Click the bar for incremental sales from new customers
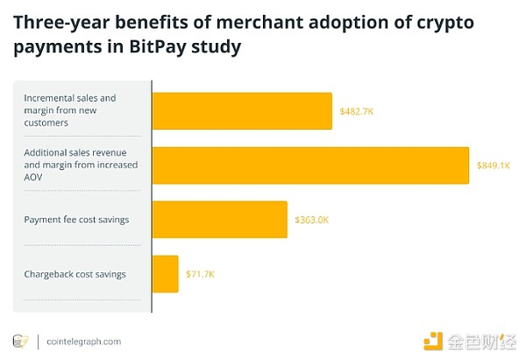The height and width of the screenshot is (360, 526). pos(242,111)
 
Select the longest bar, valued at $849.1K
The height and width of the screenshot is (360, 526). pos(311,166)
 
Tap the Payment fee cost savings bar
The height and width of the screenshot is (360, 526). pos(220,219)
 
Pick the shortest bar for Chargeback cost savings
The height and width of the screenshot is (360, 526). pos(166,274)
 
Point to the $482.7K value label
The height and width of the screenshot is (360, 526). pos(357,111)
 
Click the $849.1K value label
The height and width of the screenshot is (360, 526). pos(494,166)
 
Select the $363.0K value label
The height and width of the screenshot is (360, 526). pos(311,219)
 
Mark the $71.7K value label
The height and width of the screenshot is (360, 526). pos(200,274)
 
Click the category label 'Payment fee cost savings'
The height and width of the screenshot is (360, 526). pos(76,219)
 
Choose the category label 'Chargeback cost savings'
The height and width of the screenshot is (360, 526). pos(75,274)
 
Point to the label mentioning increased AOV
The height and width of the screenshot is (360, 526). pos(75,165)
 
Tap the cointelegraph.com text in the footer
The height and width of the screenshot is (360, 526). pos(83,341)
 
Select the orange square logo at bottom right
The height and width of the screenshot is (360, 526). pos(433,341)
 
